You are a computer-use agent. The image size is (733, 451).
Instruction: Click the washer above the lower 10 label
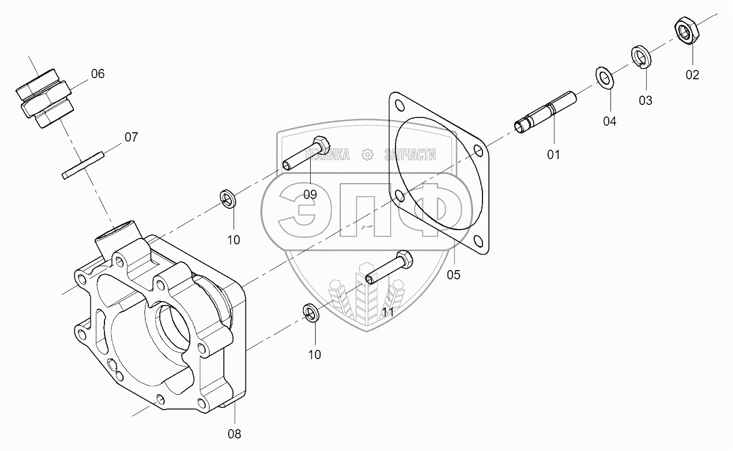point(311,313)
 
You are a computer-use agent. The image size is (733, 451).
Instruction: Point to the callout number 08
point(234,434)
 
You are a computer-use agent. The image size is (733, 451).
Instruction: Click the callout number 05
point(453,274)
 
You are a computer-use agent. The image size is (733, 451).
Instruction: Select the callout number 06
point(97,74)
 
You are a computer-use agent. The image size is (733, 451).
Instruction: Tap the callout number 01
point(554,155)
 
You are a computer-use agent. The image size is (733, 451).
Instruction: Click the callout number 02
point(692,75)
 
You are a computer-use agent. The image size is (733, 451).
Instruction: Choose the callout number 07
point(131,137)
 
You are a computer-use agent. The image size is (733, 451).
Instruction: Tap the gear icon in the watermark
point(367,155)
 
